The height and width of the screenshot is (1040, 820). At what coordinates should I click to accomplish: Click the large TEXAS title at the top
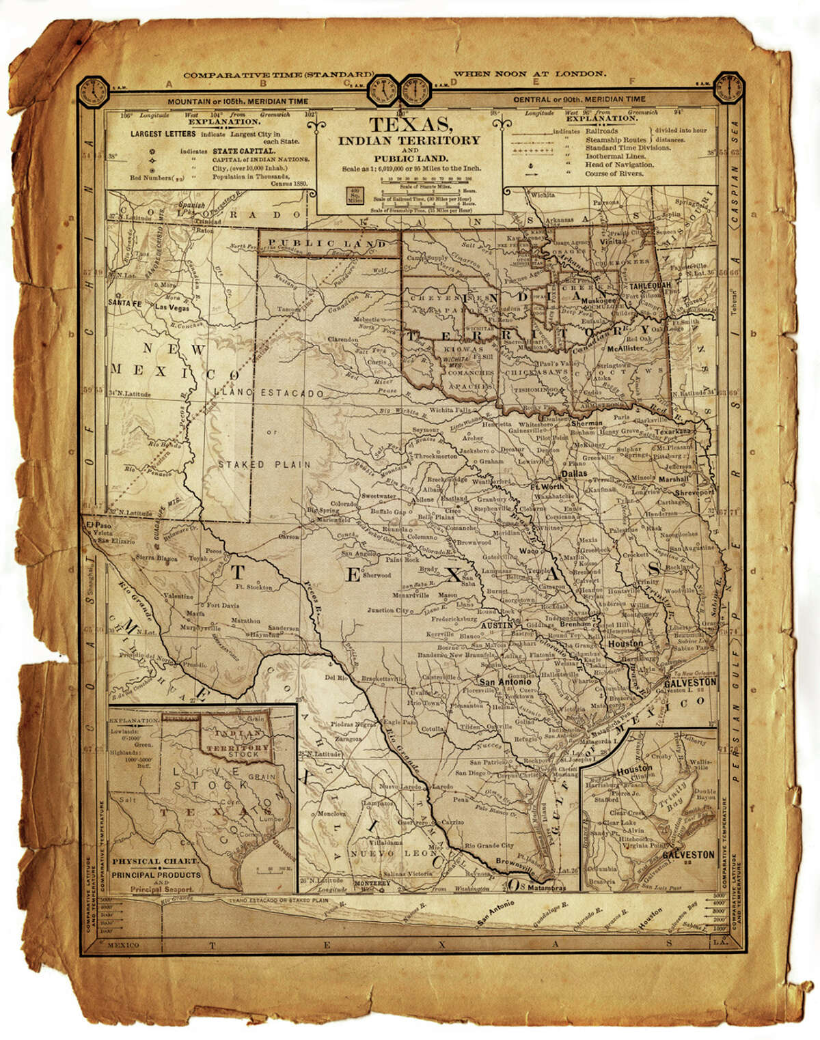pyautogui.click(x=409, y=125)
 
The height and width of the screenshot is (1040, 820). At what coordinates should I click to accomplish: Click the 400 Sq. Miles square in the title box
pyautogui.click(x=354, y=194)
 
